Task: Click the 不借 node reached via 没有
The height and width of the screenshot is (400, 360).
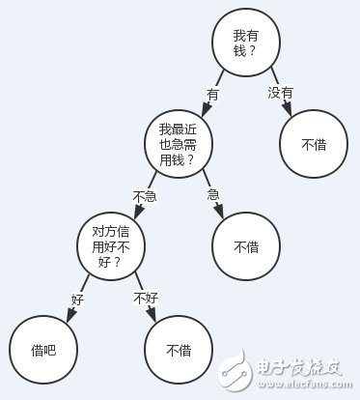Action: [314, 145]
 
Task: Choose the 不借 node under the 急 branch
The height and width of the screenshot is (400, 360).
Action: [245, 247]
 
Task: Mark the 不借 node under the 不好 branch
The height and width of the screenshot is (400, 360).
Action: [177, 350]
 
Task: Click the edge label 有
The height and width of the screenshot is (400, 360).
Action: [213, 95]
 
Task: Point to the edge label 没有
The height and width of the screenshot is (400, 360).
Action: [280, 92]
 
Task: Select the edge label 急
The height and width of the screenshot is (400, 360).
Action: [213, 194]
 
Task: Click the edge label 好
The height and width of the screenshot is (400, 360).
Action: [76, 299]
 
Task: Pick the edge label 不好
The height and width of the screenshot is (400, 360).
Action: [145, 297]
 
